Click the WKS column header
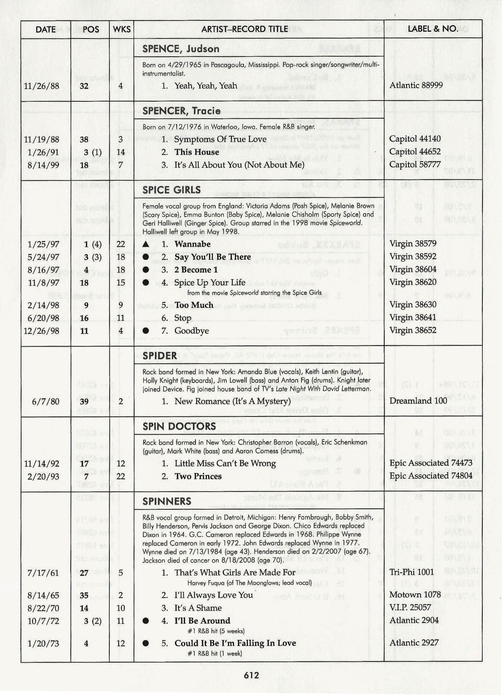coord(122,29)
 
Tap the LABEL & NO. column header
coord(433,29)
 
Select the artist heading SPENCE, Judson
coord(181,49)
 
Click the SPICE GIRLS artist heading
coord(171,190)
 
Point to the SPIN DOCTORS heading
coord(179,426)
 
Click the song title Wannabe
coord(192,244)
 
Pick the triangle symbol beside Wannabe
coord(146,244)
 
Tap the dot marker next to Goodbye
coord(146,331)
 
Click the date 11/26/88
coord(42,86)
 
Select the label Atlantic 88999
coord(416,85)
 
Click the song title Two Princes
coord(198,476)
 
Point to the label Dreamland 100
coord(418,401)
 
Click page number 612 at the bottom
coord(251,675)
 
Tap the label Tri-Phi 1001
coord(411,572)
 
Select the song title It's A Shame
coord(198,608)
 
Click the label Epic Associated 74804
coord(431,476)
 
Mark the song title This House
coord(196,152)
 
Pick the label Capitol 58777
coord(415,165)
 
